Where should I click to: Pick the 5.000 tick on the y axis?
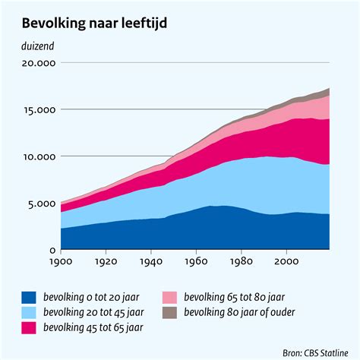tap(40, 204)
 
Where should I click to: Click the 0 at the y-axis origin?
tap(52, 251)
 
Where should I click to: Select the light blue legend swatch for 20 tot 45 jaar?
tap(29, 312)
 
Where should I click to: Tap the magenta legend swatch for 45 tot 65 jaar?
tap(29, 327)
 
